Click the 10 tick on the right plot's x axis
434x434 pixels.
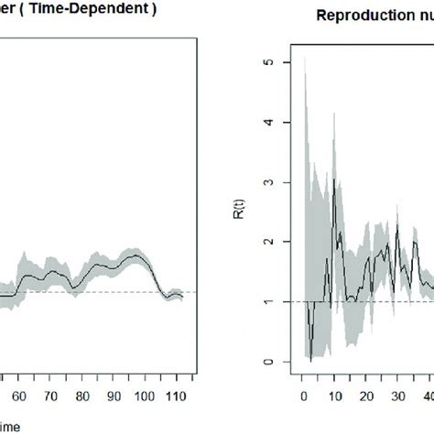[335, 373]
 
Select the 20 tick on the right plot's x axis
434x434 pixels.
[366, 373]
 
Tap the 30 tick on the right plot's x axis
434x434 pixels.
[397, 373]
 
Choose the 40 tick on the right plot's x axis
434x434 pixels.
[427, 373]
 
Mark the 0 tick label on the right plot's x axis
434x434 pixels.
[304, 373]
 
